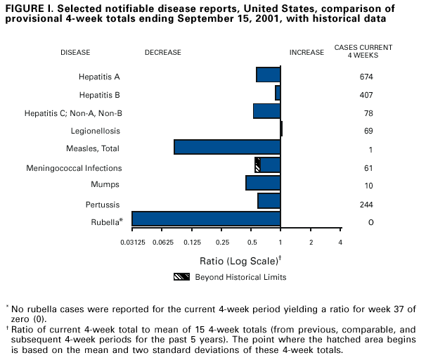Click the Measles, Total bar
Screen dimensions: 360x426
pos(227,147)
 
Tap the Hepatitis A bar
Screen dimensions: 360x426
pos(269,75)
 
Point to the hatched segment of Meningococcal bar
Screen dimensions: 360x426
pos(257,165)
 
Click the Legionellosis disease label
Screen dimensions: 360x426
pos(96,131)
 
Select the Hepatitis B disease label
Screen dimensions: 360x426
pos(98,94)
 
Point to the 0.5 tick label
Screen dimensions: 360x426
pos(252,242)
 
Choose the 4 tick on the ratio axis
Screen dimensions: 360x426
pos(340,242)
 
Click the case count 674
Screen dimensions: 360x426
pos(366,77)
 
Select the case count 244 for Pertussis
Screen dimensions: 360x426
pos(366,205)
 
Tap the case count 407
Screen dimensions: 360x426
pos(366,95)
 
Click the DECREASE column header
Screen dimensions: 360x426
pos(162,52)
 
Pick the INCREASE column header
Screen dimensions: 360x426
pos(307,52)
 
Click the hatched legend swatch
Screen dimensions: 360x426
pos(181,276)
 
